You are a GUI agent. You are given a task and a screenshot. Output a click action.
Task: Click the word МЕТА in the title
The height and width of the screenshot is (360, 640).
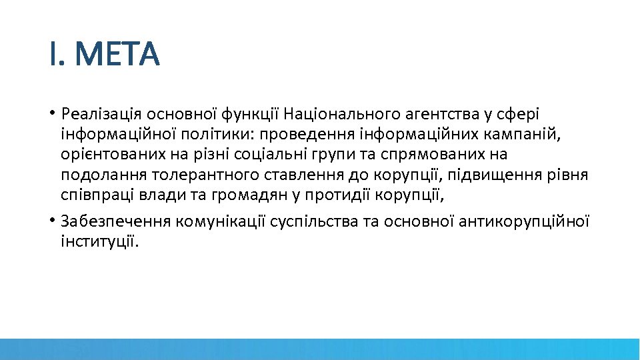click(117, 55)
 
